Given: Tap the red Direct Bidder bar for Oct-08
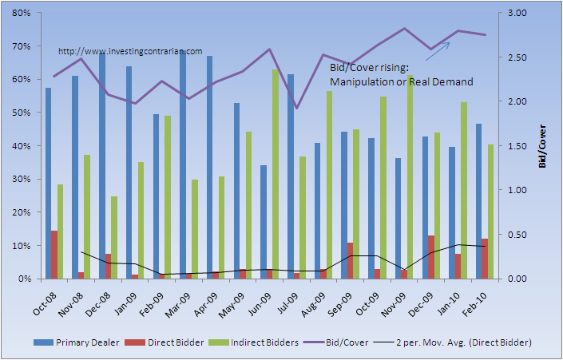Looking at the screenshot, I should pyautogui.click(x=54, y=255).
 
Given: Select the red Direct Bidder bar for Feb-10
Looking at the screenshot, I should pyautogui.click(x=485, y=259).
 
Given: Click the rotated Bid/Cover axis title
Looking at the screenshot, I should pyautogui.click(x=543, y=146).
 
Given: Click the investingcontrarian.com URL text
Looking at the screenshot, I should pyautogui.click(x=130, y=51).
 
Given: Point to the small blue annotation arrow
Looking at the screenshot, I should pyautogui.click(x=437, y=51).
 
